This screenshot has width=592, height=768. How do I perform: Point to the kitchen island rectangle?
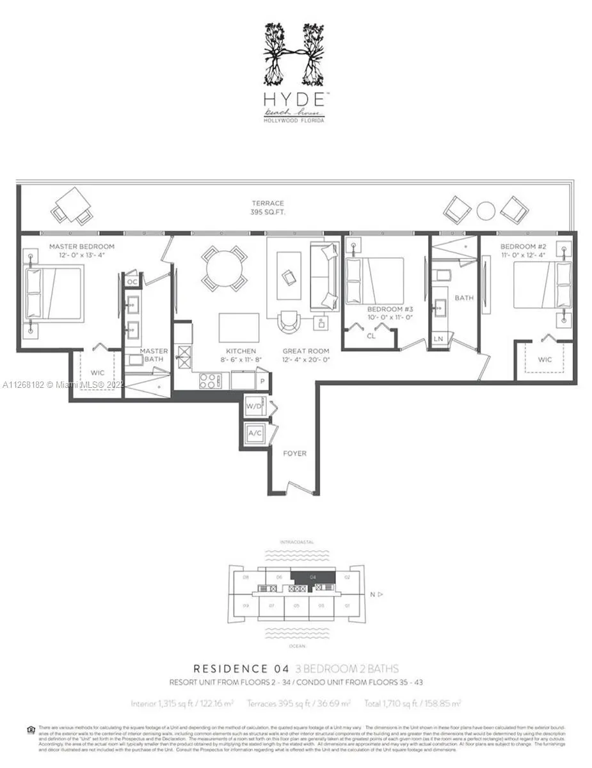click(239, 328)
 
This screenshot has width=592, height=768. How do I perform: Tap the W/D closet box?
click(254, 406)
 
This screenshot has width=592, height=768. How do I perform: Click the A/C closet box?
click(254, 433)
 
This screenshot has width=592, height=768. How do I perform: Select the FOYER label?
click(295, 453)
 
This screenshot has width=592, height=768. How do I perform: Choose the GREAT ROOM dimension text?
click(307, 360)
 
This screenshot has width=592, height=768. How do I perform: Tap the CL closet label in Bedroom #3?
click(371, 335)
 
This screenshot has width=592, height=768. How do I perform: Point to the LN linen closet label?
click(438, 338)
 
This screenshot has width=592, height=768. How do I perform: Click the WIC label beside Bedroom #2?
click(544, 360)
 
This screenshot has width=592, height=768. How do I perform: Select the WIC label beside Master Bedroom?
click(97, 372)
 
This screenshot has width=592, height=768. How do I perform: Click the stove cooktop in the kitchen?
click(209, 380)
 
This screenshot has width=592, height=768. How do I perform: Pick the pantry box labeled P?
click(262, 380)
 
